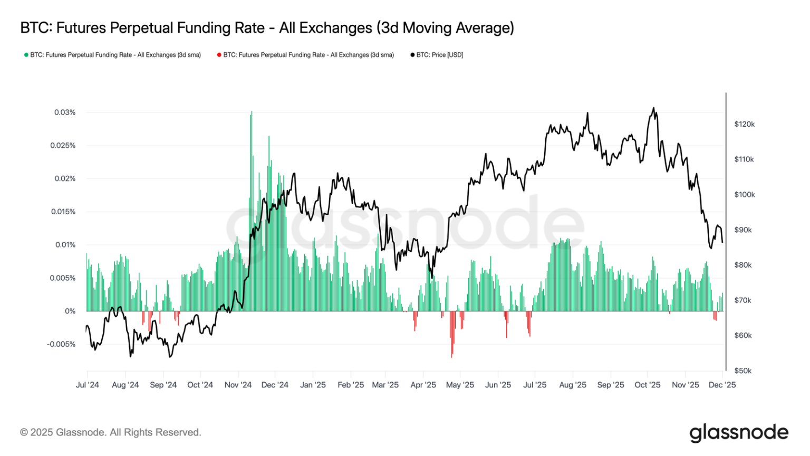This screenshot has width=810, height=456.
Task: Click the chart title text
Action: pyautogui.click(x=267, y=28)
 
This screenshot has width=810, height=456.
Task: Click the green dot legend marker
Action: pyautogui.click(x=26, y=55)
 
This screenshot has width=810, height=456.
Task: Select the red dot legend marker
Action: pyautogui.click(x=219, y=55)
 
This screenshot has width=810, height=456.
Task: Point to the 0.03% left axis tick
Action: pyautogui.click(x=65, y=112)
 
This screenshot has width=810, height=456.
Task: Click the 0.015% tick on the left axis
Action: pyautogui.click(x=63, y=212)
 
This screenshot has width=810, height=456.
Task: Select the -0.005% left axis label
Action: pyautogui.click(x=61, y=344)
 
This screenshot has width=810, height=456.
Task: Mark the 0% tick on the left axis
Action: pyautogui.click(x=70, y=311)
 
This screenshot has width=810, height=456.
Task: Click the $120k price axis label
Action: pyautogui.click(x=744, y=124)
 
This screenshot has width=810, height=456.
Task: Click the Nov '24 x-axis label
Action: pyautogui.click(x=238, y=385)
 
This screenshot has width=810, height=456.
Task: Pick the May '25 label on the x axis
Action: pyautogui.click(x=460, y=385)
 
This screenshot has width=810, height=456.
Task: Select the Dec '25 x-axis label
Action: pyautogui.click(x=722, y=385)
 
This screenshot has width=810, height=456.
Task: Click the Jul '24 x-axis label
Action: pyautogui.click(x=88, y=385)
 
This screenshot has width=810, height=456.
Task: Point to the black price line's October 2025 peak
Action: pyautogui.click(x=654, y=108)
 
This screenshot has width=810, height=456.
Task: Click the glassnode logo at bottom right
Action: pyautogui.click(x=738, y=433)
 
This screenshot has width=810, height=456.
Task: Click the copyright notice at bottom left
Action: pyautogui.click(x=111, y=432)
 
